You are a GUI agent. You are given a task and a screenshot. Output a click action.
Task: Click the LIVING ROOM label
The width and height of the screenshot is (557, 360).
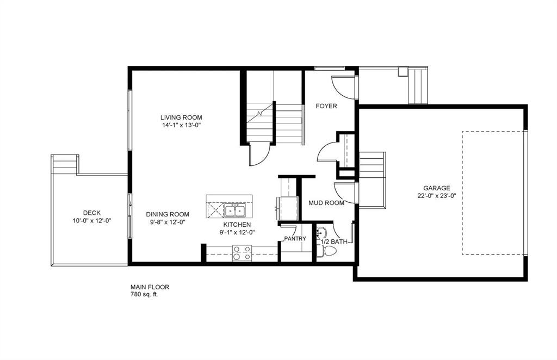tap(181, 117)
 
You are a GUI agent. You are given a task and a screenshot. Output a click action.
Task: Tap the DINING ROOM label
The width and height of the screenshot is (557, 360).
tap(168, 214)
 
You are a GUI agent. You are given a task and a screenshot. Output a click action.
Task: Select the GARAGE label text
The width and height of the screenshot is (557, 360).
tap(437, 188)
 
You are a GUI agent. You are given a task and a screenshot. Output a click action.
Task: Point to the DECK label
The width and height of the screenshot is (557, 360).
tap(91, 213)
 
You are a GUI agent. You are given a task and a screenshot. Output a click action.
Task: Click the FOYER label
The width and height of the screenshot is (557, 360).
tap(326, 106)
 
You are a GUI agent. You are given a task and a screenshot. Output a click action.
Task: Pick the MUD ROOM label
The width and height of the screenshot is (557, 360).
tap(326, 203)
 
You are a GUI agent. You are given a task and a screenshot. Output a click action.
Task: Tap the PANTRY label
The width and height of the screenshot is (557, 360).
tap(295, 239)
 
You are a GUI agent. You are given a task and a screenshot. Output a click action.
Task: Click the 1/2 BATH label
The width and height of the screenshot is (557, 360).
tap(334, 242)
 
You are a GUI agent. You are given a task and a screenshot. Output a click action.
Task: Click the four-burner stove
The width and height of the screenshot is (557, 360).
tap(242, 253)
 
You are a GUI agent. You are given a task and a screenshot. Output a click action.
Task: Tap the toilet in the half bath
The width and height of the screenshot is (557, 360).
tap(326, 251)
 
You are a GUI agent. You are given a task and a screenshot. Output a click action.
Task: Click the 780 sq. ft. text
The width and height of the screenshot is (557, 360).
tap(144, 294)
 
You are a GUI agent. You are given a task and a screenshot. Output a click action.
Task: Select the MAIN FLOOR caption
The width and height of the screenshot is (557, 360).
tap(150, 287)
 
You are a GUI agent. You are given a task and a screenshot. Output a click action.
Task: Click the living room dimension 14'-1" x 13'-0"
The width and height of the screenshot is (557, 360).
tap(181, 125)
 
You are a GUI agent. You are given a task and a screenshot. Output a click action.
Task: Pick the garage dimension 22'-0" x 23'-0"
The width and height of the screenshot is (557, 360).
tap(437, 196)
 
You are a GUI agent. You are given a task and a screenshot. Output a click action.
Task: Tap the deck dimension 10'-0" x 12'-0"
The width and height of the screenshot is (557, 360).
tap(92, 220)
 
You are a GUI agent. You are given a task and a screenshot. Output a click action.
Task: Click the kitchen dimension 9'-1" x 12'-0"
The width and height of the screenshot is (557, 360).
tap(237, 232)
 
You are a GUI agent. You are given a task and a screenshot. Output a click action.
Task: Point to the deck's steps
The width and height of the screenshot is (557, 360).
tap(65, 164)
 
